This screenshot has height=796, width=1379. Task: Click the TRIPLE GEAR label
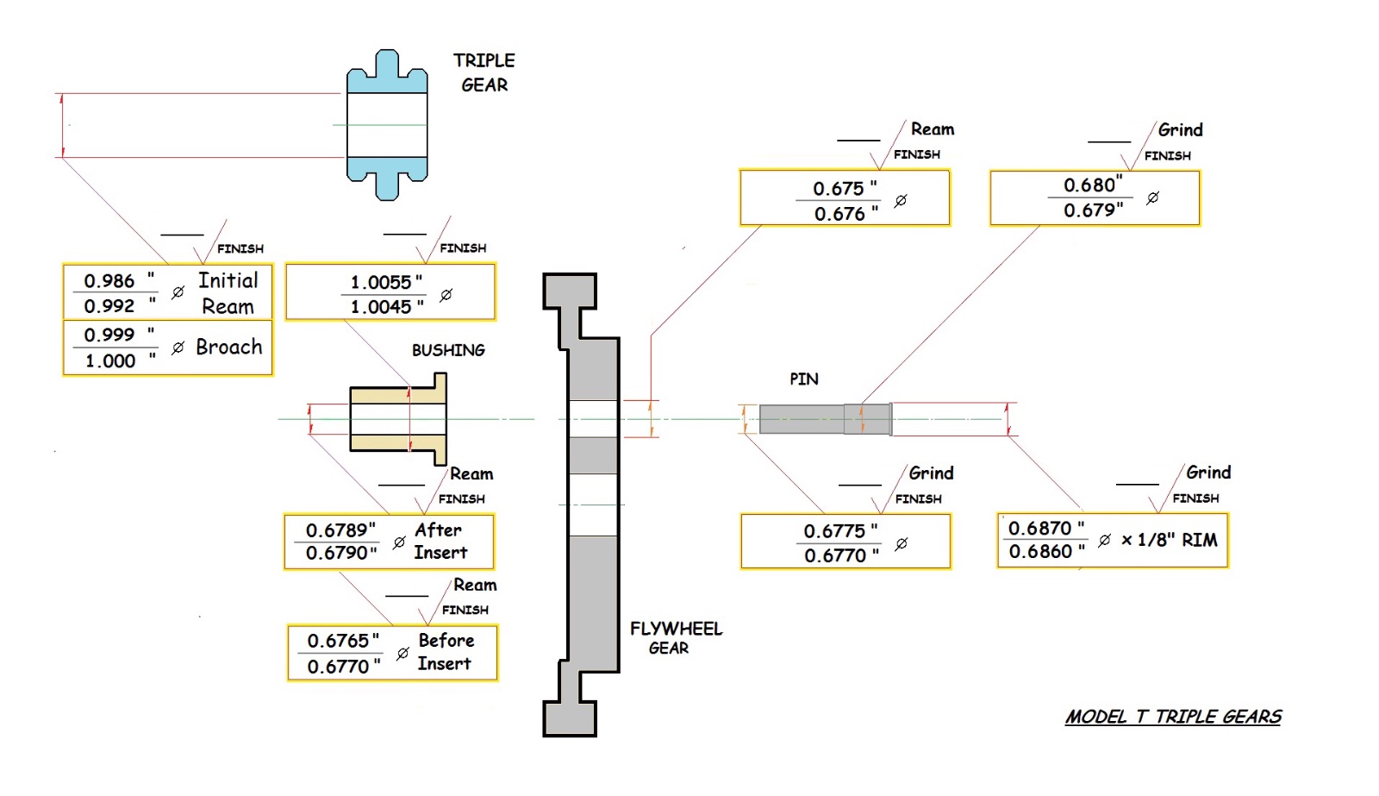[484, 72]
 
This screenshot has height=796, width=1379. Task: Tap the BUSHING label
[448, 350]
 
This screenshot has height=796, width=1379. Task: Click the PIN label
[803, 379]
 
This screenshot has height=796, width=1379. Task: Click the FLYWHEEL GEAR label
[676, 638]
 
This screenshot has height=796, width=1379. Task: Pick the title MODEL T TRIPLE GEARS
[1173, 717]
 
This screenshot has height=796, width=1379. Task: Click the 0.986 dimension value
[109, 281]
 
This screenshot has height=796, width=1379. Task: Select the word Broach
[228, 347]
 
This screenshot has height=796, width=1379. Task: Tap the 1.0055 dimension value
[381, 282]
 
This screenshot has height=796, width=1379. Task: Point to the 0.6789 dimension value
[340, 530]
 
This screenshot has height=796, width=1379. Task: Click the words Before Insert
[445, 652]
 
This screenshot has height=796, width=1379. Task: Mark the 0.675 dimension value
[839, 188]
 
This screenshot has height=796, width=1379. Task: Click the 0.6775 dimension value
[834, 530]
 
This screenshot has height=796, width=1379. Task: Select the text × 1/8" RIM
[1169, 540]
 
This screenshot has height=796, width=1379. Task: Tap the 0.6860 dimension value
[1040, 552]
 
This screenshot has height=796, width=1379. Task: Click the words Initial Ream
[228, 293]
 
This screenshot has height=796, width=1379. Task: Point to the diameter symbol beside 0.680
[1152, 197]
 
